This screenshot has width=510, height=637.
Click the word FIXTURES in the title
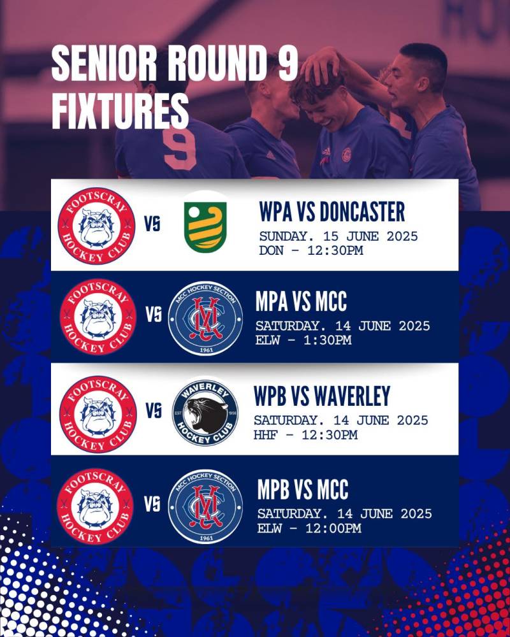pyautogui.click(x=120, y=110)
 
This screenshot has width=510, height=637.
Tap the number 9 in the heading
pyautogui.click(x=288, y=63)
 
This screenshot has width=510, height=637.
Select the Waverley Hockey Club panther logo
pyautogui.click(x=205, y=413)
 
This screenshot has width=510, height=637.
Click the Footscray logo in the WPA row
pyautogui.click(x=96, y=226)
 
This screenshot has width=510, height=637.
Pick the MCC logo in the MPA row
pyautogui.click(x=205, y=318)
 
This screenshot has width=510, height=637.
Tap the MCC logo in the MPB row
pyautogui.click(x=205, y=506)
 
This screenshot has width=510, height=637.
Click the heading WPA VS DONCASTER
pyautogui.click(x=332, y=211)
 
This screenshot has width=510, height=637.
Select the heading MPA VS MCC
pyautogui.click(x=301, y=301)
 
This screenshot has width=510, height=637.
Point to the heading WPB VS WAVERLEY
pyautogui.click(x=322, y=396)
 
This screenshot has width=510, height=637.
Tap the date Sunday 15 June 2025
pyautogui.click(x=339, y=236)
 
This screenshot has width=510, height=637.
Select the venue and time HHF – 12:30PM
pyautogui.click(x=305, y=434)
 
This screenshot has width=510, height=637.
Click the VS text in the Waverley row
pyautogui.click(x=154, y=411)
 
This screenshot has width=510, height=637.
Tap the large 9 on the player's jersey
pyautogui.click(x=179, y=150)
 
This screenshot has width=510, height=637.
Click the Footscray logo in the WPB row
pyautogui.click(x=98, y=413)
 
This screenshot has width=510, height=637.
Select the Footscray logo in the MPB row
pyautogui.click(x=96, y=506)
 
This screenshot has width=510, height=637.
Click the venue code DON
pyautogui.click(x=271, y=250)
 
